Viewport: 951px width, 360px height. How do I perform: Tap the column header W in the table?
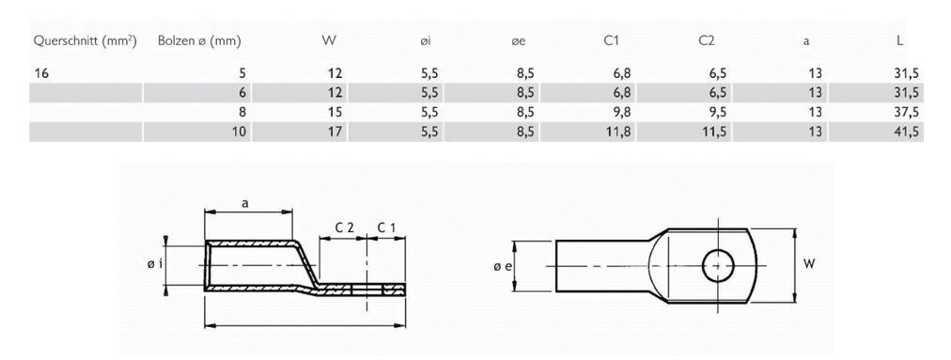point(329,41)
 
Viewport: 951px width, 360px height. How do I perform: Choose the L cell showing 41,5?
point(905,132)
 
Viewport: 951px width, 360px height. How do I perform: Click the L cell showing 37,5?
point(905,112)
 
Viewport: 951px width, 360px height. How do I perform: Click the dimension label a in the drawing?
point(245,202)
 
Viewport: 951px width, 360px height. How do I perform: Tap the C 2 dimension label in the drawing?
point(345,227)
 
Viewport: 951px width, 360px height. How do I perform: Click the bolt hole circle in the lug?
point(718,265)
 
